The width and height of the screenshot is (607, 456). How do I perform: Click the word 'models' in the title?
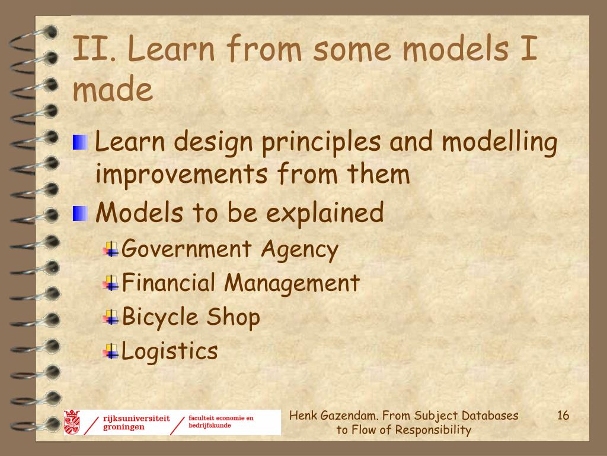click(456, 49)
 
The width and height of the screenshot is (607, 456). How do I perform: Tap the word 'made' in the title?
click(113, 88)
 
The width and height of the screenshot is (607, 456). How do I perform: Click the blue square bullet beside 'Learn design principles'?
click(80, 142)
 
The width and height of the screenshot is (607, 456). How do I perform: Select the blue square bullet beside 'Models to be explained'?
click(80, 213)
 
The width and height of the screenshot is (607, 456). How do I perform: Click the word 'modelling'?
click(499, 142)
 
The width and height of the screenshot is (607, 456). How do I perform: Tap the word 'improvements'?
click(181, 175)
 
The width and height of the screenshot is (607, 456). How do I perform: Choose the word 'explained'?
click(325, 213)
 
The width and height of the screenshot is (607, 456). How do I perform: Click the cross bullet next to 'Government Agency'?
click(111, 249)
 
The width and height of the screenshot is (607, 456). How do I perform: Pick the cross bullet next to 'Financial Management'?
click(111, 283)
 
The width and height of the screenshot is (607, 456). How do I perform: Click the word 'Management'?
click(292, 283)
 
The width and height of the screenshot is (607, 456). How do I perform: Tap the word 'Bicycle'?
click(160, 318)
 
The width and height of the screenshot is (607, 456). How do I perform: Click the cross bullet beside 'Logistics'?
click(111, 351)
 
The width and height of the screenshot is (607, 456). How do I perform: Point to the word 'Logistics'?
click(170, 351)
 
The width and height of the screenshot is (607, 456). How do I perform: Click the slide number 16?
click(563, 415)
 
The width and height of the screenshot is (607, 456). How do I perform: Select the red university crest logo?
click(72, 422)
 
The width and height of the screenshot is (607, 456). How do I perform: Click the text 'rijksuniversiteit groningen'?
click(136, 423)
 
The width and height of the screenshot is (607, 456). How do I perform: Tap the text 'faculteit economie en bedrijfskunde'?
click(221, 422)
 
